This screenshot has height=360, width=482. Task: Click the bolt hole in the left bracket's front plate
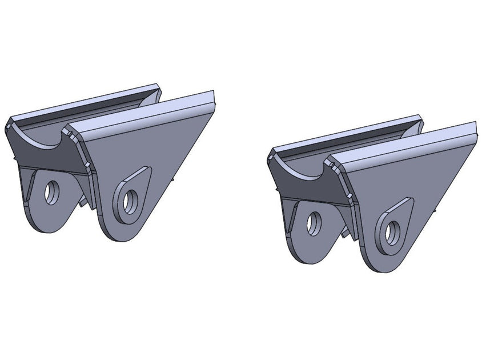(130, 202)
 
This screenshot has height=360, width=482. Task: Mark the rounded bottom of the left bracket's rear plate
(48, 226)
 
